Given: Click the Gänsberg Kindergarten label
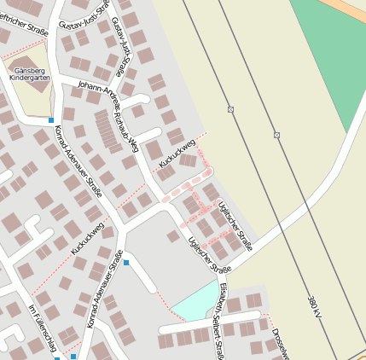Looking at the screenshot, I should pos(30,73).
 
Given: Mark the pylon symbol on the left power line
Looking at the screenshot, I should pos(230,109).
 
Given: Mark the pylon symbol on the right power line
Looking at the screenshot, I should pos(277,135).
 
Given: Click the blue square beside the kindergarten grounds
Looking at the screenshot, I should pos(51,119).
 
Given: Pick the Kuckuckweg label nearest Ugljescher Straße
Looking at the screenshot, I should pos(178,148).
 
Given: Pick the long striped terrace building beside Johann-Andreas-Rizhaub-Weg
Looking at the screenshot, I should pos(108,131).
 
